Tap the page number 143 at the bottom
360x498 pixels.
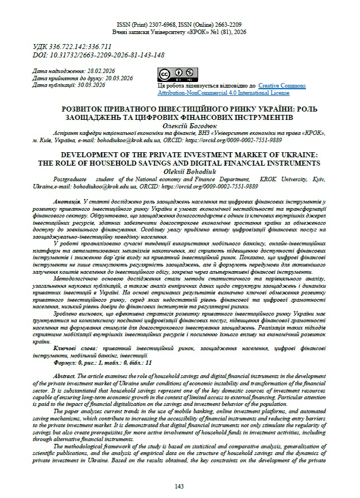179,486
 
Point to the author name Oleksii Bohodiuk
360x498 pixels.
180,171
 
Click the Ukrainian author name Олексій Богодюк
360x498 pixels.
180,127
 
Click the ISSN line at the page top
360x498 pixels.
179,26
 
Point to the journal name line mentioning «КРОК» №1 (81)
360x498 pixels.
179,33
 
